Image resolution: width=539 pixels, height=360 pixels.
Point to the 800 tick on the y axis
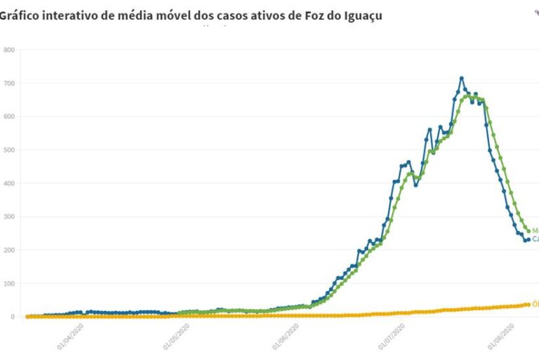(x=8, y=50)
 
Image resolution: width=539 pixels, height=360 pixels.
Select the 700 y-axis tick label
(x=8, y=84)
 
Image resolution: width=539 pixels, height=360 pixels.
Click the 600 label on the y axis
(x=8, y=116)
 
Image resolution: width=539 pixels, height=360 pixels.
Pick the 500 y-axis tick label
(x=8, y=150)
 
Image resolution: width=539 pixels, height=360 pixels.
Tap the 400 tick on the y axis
(x=8, y=183)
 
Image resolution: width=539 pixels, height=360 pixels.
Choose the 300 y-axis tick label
(x=8, y=217)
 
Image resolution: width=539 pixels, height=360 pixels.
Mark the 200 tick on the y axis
(x=8, y=251)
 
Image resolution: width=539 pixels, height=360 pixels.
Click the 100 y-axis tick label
(x=8, y=284)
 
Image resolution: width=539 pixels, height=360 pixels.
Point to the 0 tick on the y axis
(x=12, y=317)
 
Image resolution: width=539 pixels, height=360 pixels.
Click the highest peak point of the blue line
(x=461, y=78)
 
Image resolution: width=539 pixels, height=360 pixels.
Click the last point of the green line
(x=528, y=230)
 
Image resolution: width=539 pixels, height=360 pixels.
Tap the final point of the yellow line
(x=528, y=305)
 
